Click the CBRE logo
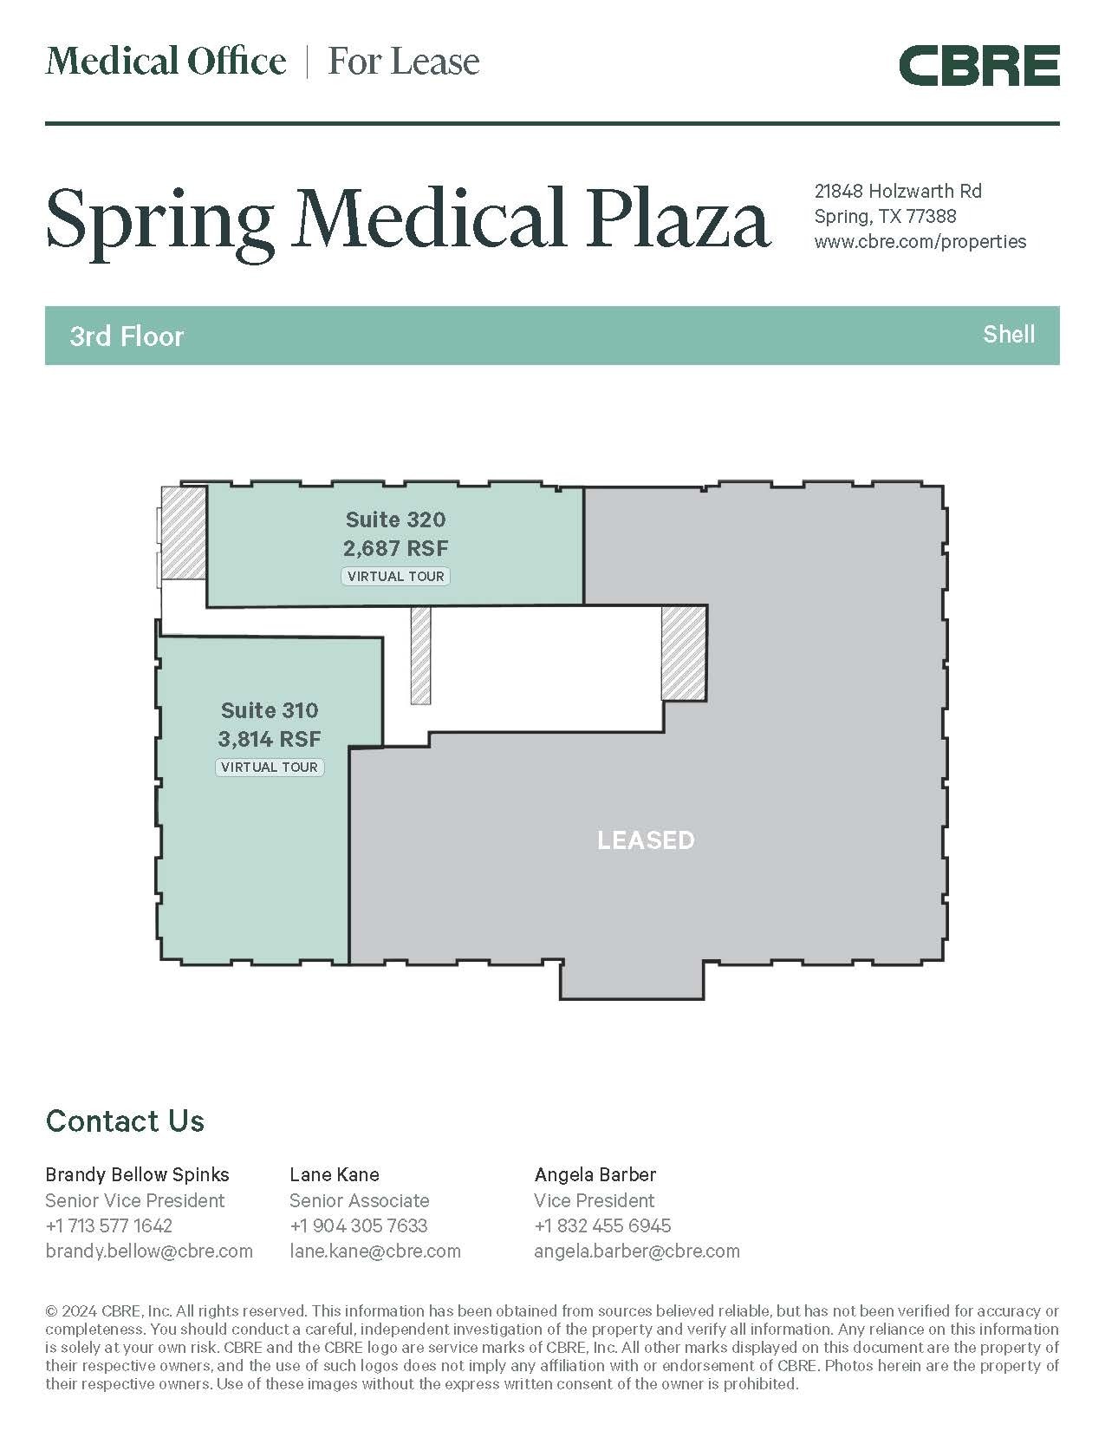[978, 65]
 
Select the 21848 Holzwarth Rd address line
[898, 191]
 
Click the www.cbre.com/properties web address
[920, 242]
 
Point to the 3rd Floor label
[127, 337]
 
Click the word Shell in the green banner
[1009, 334]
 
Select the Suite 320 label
[395, 519]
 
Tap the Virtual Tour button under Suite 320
[395, 576]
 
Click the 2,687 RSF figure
[395, 548]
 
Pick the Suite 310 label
[270, 710]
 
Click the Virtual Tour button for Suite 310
[270, 768]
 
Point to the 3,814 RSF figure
[270, 739]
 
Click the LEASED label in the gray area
[646, 840]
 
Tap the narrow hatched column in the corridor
[420, 656]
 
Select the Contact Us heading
[125, 1121]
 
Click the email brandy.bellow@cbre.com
[149, 1251]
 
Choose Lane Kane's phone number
[359, 1225]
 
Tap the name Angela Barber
[595, 1175]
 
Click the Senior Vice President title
[135, 1200]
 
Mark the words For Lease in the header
[404, 62]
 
